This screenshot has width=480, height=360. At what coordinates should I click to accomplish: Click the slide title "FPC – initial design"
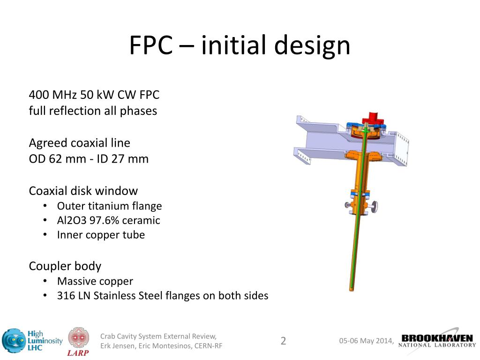[240, 45]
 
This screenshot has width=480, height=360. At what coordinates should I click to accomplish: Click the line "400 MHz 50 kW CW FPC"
[94, 95]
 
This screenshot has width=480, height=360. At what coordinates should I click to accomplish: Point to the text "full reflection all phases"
[93, 111]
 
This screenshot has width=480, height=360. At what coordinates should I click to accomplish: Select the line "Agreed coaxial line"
[80, 142]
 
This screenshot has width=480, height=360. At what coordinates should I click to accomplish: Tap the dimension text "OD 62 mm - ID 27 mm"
[89, 159]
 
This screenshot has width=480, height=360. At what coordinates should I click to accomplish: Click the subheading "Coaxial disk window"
[83, 191]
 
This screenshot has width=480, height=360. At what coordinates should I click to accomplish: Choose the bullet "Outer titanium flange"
[109, 206]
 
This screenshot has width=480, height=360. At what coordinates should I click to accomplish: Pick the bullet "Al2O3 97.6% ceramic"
[108, 220]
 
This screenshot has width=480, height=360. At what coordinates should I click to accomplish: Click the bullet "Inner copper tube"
[101, 235]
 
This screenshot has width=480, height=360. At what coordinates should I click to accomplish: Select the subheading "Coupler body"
[65, 266]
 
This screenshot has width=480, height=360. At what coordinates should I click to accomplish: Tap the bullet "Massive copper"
[95, 281]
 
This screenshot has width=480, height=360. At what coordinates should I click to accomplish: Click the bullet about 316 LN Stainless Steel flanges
[162, 296]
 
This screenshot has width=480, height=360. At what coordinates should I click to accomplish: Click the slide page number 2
[283, 341]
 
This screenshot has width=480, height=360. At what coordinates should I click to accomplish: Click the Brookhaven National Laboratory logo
[437, 340]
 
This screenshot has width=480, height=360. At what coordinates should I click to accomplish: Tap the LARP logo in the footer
[79, 341]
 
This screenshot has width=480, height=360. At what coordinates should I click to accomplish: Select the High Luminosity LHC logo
[32, 341]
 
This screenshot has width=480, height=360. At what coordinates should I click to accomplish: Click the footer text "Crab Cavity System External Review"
[158, 336]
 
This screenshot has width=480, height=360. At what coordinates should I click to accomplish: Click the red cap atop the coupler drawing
[373, 117]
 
